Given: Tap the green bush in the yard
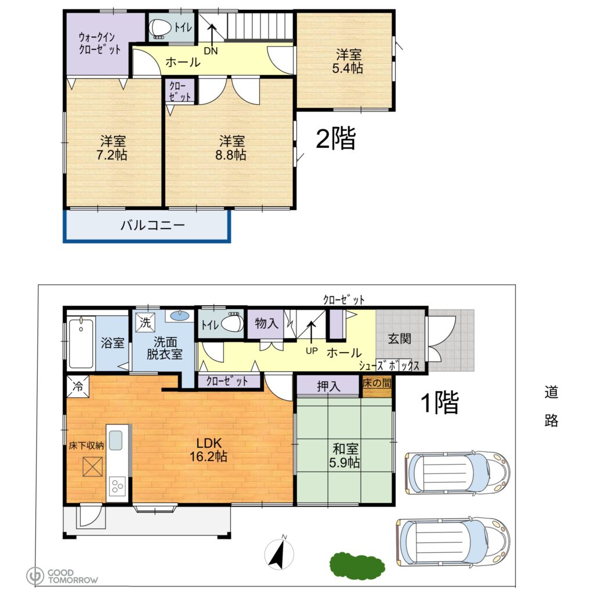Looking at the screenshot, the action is pos(357,566).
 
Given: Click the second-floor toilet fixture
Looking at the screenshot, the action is pos(160,28).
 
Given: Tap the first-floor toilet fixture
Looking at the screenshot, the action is pos(231,323).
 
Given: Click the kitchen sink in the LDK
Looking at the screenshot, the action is pos(116,440).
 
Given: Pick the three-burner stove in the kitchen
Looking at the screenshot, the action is pos(117,486).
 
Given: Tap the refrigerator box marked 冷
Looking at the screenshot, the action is pos(78,386).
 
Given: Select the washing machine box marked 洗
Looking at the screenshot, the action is pos(145,322).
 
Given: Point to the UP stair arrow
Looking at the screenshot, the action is pos(311,332).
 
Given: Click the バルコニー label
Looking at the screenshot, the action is pos(153,226).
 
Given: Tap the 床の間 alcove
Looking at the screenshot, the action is pos(377,386).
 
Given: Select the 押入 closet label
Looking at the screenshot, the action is pos(328,386).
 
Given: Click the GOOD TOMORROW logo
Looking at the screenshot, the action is pos(62,576).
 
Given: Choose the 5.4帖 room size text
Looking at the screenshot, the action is pos(348,68).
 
